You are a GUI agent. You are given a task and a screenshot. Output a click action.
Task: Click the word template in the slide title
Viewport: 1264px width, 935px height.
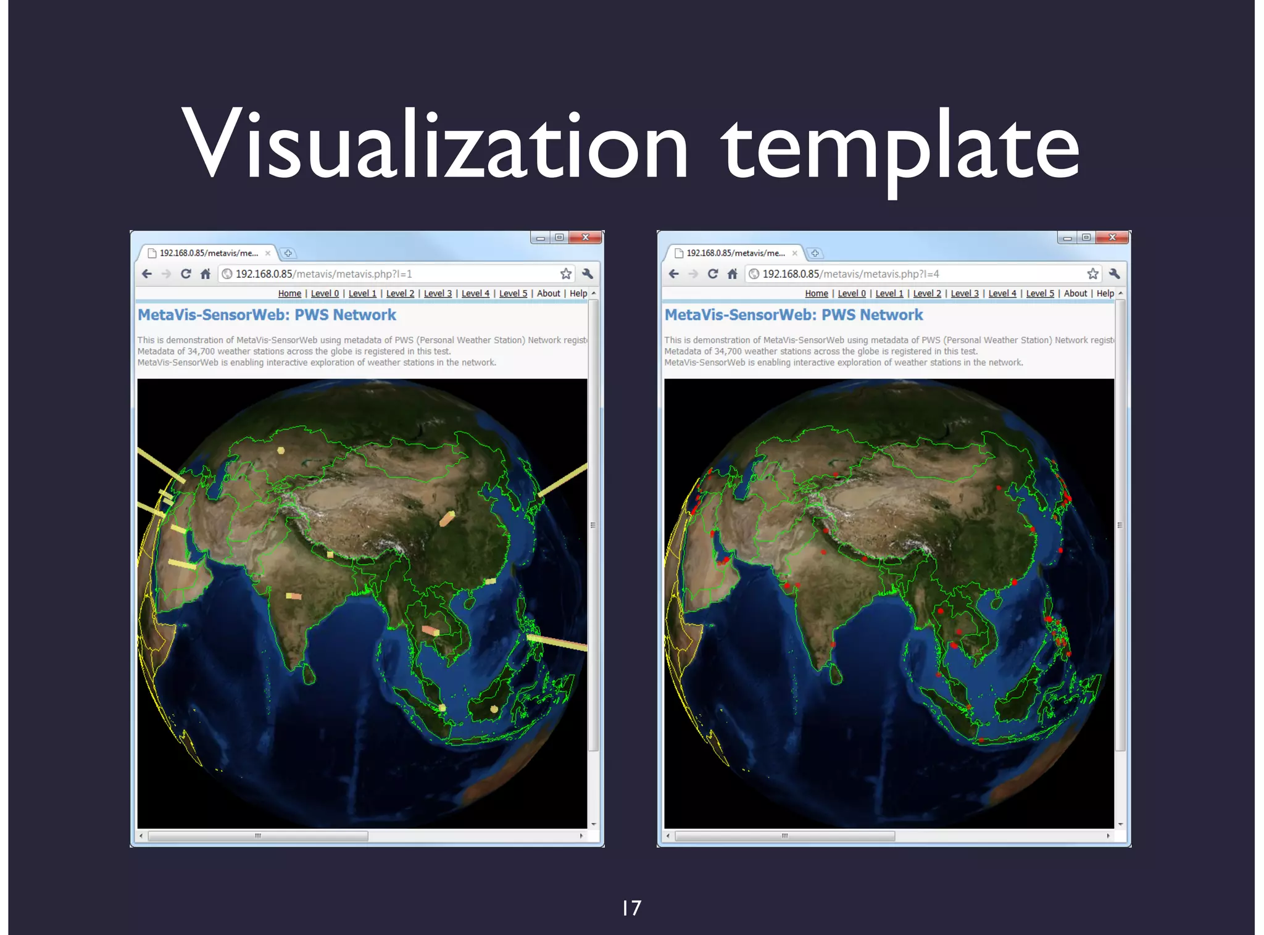(x=900, y=148)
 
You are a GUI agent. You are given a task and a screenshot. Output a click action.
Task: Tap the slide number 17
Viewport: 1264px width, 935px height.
(x=631, y=908)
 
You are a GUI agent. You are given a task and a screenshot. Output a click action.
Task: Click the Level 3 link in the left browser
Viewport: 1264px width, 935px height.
(x=438, y=294)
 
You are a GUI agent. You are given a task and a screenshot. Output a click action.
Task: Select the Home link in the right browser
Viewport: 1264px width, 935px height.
(x=817, y=294)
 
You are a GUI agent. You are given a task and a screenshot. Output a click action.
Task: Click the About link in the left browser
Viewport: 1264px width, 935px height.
(x=548, y=294)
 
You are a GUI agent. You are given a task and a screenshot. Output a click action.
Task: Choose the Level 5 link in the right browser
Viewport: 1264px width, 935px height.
(x=1040, y=294)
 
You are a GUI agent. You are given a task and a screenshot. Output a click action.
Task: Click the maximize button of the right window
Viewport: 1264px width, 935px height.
(x=1086, y=238)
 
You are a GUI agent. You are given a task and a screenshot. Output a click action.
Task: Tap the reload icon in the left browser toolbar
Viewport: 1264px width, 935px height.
(x=186, y=274)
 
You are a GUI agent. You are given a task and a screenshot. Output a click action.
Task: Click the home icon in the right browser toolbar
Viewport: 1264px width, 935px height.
(x=733, y=274)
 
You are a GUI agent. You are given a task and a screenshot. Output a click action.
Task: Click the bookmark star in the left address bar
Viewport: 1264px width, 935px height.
(x=566, y=274)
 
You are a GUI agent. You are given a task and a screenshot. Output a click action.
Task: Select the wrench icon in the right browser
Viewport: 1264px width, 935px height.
(x=1115, y=274)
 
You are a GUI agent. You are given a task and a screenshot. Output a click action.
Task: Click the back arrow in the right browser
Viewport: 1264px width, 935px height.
(x=674, y=274)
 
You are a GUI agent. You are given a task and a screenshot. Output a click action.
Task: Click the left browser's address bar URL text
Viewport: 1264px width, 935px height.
(x=323, y=274)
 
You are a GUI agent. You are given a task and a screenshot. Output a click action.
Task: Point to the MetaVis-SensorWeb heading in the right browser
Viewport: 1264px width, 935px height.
(x=794, y=315)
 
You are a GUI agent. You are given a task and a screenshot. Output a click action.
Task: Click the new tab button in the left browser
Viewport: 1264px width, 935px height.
(x=288, y=253)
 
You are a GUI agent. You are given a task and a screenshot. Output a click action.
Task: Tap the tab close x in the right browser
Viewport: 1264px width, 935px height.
(x=795, y=253)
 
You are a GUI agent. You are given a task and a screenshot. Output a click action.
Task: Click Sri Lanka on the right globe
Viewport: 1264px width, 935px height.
(x=836, y=674)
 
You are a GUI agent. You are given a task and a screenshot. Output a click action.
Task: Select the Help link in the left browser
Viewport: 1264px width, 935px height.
(x=578, y=294)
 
